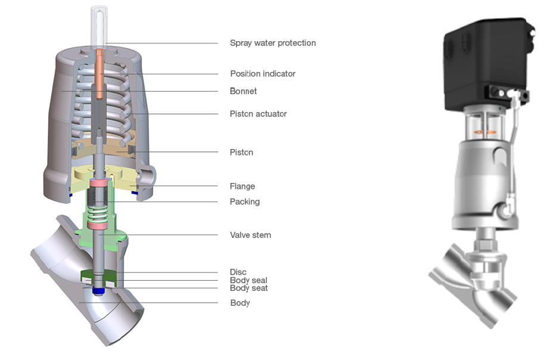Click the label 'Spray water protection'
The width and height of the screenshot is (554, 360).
pyautogui.click(x=272, y=43)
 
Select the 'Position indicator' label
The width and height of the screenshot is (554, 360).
pyautogui.click(x=262, y=74)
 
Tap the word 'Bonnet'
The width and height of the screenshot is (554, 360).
pyautogui.click(x=243, y=91)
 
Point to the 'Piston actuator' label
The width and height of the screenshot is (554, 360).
pyautogui.click(x=258, y=114)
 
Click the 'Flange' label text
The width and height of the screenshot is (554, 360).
pyautogui.click(x=242, y=187)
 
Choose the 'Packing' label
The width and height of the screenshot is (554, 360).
pyautogui.click(x=244, y=201)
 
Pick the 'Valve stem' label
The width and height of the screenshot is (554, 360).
pyautogui.click(x=250, y=235)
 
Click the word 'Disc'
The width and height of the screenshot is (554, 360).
pyautogui.click(x=238, y=272)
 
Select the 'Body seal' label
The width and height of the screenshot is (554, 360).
pyautogui.click(x=248, y=280)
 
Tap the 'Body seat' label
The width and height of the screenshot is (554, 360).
pyautogui.click(x=248, y=288)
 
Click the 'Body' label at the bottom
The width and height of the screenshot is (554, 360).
pyautogui.click(x=239, y=303)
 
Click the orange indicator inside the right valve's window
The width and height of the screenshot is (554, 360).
pyautogui.click(x=484, y=126)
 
